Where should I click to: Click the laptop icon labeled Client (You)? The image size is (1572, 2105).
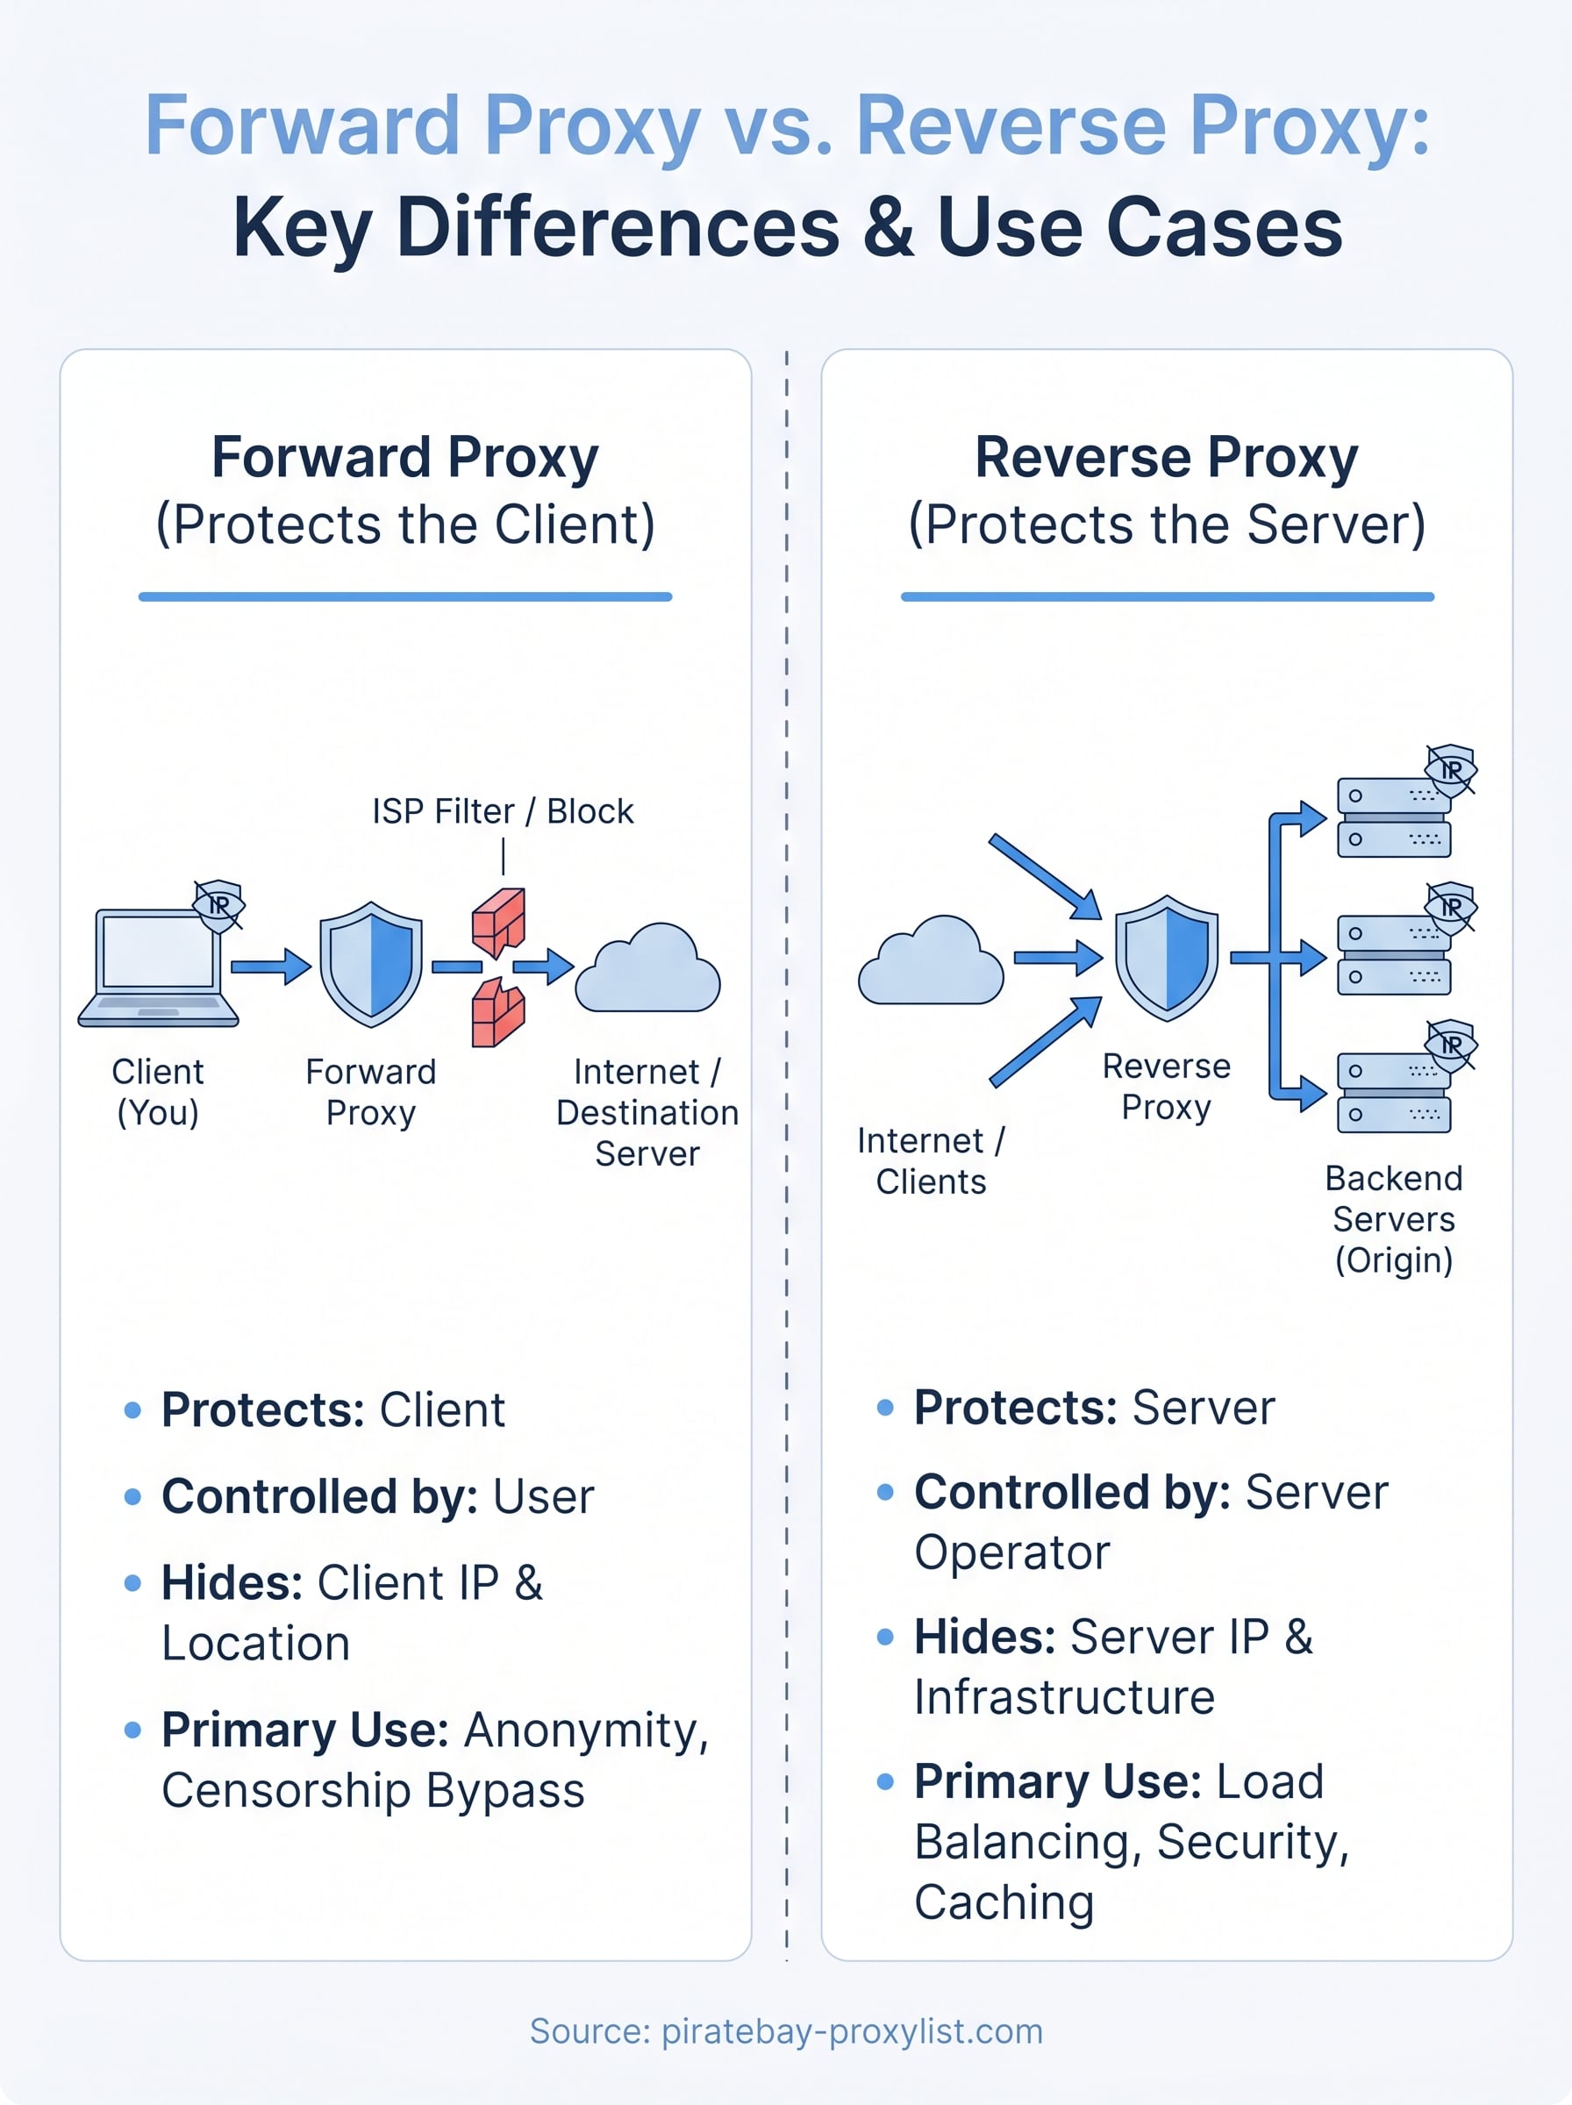(158, 966)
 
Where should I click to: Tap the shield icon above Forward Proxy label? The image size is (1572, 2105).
(370, 964)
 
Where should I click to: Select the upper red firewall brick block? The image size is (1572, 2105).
(498, 921)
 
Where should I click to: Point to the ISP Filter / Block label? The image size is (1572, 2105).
(503, 811)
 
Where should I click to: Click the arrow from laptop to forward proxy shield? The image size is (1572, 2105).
(270, 967)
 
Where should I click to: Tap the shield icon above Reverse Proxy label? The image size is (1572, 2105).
(1166, 957)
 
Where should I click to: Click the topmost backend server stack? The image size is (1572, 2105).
(1393, 817)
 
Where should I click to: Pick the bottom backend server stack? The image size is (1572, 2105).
(1393, 1092)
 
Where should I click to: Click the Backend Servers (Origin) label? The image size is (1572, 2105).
(1393, 1218)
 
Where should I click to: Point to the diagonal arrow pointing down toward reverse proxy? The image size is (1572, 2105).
(1044, 875)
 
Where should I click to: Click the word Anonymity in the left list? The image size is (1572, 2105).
(586, 1730)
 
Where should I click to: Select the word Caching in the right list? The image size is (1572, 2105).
(1004, 1902)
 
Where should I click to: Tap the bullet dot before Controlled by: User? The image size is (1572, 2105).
(133, 1497)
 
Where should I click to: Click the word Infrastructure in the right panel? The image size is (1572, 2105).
(1064, 1698)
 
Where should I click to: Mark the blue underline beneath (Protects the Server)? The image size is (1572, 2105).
(1167, 596)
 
